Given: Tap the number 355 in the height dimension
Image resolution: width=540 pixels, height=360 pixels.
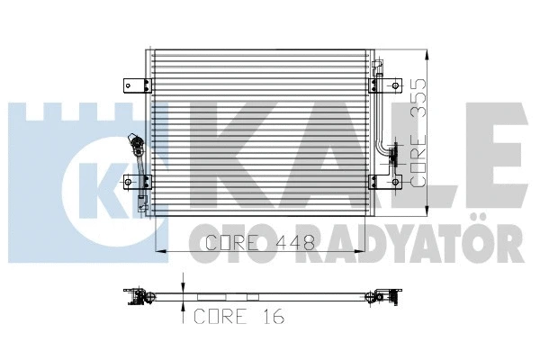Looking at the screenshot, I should pos(418,91).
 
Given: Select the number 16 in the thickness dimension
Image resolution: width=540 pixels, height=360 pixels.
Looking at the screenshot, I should pos(273,316).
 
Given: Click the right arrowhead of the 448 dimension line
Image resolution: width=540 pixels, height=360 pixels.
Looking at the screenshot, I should pos(370,250).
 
